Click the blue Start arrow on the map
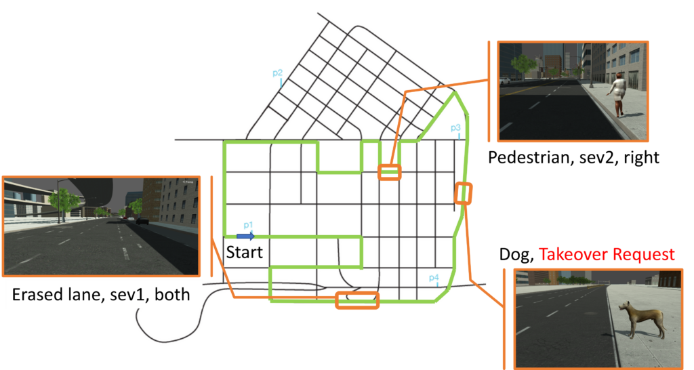tap(245, 237)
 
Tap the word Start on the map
tap(244, 252)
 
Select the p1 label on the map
tap(248, 226)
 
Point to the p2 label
tap(277, 73)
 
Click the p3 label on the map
tap(455, 128)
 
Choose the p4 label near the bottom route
tap(434, 278)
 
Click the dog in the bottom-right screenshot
tap(645, 320)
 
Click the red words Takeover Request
tap(607, 255)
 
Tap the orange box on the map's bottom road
tap(357, 300)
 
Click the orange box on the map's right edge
tap(463, 193)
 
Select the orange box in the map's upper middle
tap(390, 171)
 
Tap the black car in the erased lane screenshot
tap(142, 221)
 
